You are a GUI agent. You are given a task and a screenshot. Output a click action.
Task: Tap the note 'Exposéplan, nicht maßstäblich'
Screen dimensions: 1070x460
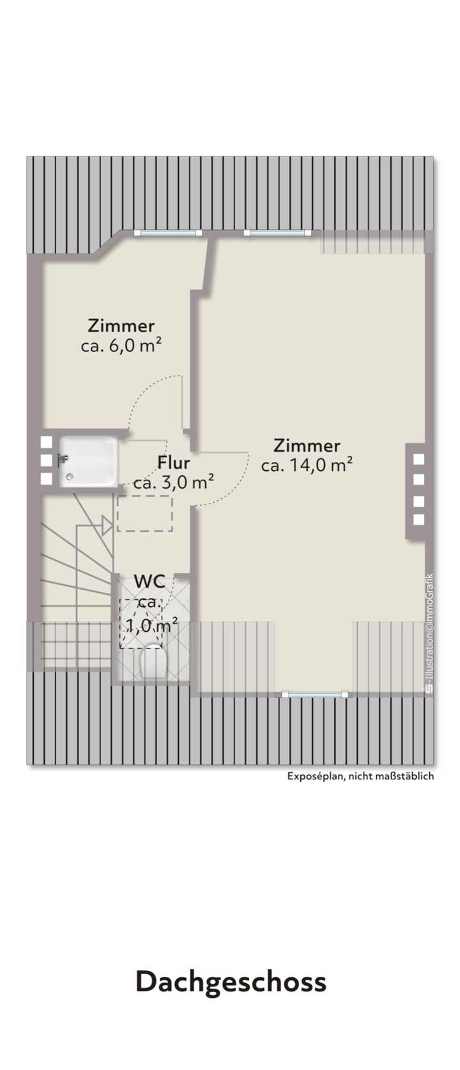pos(360,776)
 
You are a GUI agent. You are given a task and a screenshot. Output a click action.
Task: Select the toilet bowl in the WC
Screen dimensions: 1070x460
pos(153,662)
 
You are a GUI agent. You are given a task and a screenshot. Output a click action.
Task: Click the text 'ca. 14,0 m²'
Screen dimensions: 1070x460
pos(307,465)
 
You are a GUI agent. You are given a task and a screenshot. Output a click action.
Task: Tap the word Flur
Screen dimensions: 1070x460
pos(174,462)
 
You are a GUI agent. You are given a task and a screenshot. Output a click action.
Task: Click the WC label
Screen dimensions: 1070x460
pos(149,581)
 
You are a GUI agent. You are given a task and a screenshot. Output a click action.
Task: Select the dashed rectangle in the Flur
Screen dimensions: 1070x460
pos(145,514)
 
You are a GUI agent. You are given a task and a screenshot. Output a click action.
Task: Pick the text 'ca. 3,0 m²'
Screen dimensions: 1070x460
pos(173,482)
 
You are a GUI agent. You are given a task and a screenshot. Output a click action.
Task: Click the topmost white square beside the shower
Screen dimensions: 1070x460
pos(46,441)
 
